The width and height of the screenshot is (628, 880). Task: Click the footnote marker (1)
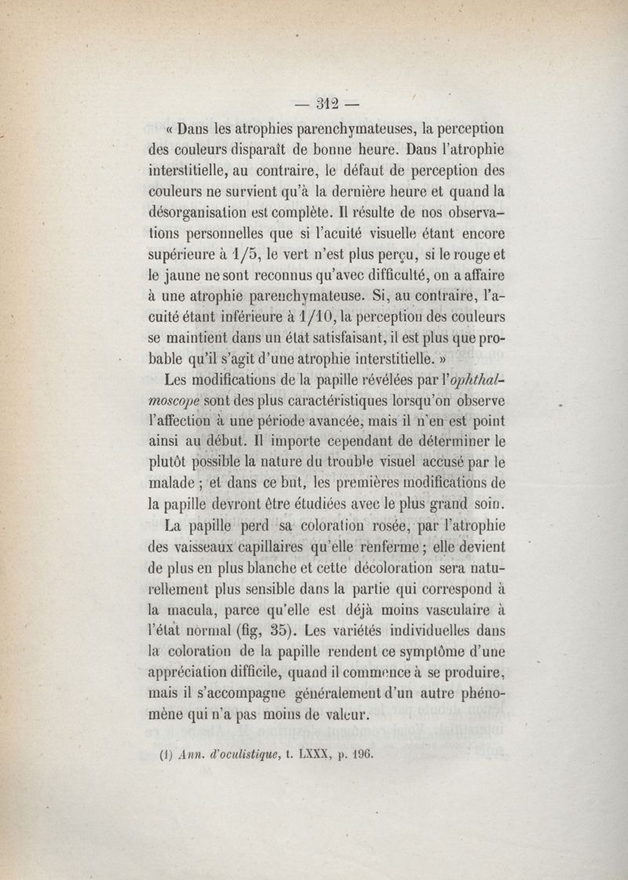[165, 758]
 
